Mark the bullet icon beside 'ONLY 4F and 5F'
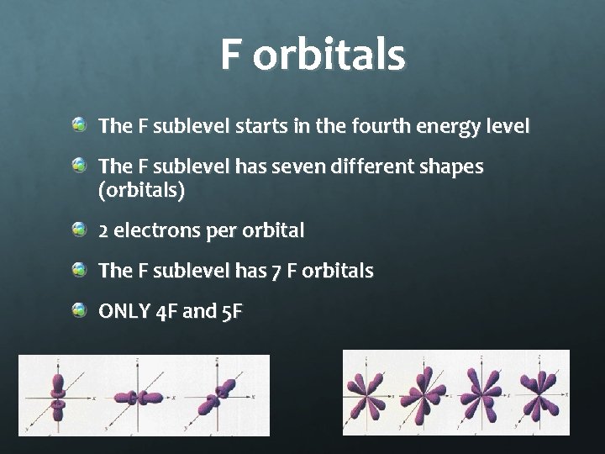click(79, 310)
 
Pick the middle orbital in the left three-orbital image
click(140, 397)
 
